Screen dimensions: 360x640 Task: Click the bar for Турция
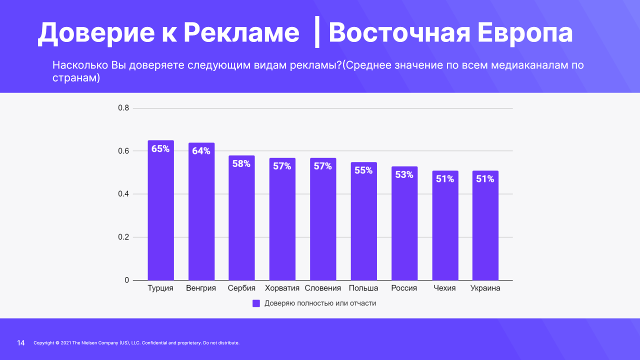160,215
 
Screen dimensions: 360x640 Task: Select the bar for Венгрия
201,215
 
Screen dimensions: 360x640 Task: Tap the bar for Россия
404,225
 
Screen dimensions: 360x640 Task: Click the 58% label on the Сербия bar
241,163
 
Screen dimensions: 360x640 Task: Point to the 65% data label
160,148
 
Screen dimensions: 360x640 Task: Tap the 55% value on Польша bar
363,170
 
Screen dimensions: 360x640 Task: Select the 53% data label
404,174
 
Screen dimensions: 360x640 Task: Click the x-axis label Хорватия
282,288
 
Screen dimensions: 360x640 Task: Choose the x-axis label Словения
322,288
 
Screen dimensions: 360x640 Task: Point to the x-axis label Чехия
444,288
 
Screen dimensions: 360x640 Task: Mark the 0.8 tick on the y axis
123,108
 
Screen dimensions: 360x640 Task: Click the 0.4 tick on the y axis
123,194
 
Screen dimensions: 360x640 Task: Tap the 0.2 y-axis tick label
123,237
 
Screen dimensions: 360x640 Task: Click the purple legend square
256,303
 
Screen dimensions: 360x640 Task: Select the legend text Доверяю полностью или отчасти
320,303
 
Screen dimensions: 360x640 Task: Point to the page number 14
21,343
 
